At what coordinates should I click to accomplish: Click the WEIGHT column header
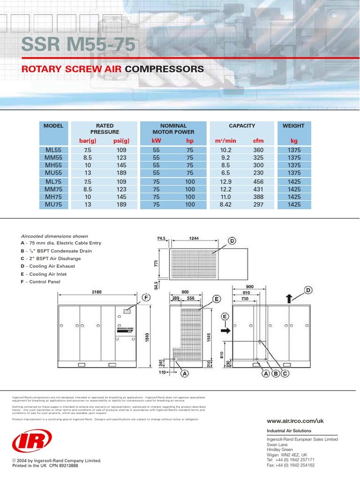pyautogui.click(x=293, y=126)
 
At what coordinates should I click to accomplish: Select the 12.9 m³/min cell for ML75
pyautogui.click(x=226, y=181)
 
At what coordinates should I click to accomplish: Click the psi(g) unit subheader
pyautogui.click(x=121, y=141)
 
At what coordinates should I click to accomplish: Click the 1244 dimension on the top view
pyautogui.click(x=194, y=238)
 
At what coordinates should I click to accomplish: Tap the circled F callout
pyautogui.click(x=145, y=298)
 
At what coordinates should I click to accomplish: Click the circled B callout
pyautogui.click(x=275, y=374)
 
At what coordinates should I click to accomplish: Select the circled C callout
pyautogui.click(x=284, y=374)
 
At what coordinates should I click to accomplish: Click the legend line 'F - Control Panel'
pyautogui.click(x=40, y=282)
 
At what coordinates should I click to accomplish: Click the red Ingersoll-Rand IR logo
pyautogui.click(x=26, y=442)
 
